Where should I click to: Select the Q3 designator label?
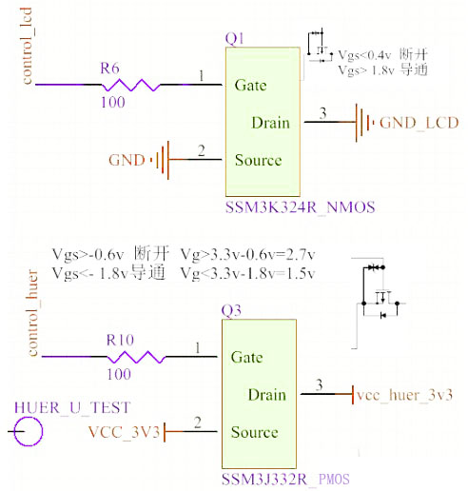tap(232, 310)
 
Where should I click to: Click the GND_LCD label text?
tap(419, 123)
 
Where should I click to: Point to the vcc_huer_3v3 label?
tap(405, 394)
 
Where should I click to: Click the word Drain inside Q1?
tap(270, 123)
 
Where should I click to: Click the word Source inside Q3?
tap(255, 432)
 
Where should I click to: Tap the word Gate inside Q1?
tap(250, 85)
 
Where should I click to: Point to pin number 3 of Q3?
tap(321, 384)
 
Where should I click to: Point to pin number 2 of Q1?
tap(201, 150)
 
